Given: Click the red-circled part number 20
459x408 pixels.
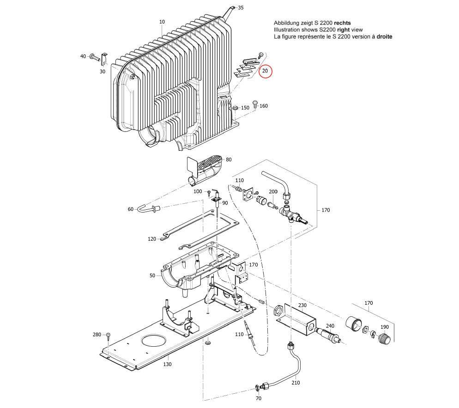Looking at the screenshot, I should (x=265, y=71).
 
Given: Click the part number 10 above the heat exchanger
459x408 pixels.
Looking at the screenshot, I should (x=162, y=22).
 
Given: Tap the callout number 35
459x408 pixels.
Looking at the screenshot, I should (x=241, y=8).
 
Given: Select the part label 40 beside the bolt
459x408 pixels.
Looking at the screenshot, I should (x=83, y=56).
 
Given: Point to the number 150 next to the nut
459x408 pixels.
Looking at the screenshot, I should (x=245, y=107).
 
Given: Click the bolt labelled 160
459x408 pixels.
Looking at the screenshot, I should (x=255, y=104).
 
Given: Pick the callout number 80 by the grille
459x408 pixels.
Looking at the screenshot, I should (x=229, y=160).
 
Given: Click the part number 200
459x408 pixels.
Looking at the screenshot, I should (x=273, y=191).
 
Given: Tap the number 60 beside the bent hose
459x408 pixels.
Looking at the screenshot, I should (x=131, y=209).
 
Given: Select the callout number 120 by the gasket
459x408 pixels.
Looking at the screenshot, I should (x=152, y=239).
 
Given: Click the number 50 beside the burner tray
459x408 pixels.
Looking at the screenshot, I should (x=152, y=275).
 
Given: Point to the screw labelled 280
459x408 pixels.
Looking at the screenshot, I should (x=108, y=335).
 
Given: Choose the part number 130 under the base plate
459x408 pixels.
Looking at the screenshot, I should (x=167, y=364).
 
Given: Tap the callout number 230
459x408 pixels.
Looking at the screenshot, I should (x=302, y=305).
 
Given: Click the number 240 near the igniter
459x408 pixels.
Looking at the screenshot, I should (x=330, y=326).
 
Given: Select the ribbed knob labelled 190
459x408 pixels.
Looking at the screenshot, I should (x=384, y=340).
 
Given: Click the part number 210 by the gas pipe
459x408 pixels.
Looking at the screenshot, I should (x=296, y=382).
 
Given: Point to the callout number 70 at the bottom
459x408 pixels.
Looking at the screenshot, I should (x=259, y=398).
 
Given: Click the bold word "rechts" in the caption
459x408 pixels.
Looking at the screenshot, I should (x=342, y=23).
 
